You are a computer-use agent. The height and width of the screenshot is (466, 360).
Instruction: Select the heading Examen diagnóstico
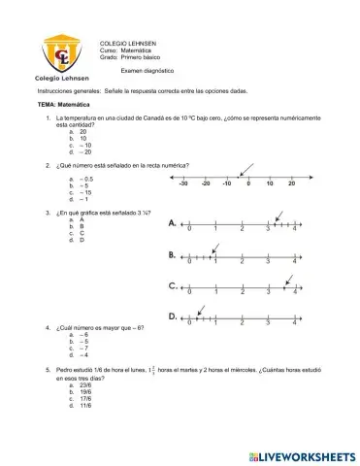click(148, 72)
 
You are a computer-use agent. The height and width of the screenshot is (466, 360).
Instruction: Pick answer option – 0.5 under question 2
click(86, 179)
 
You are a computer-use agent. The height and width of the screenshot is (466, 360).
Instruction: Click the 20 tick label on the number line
click(292, 183)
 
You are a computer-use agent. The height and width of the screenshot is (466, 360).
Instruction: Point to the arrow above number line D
click(201, 309)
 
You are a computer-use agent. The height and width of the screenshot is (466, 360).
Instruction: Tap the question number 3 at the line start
click(49, 211)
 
